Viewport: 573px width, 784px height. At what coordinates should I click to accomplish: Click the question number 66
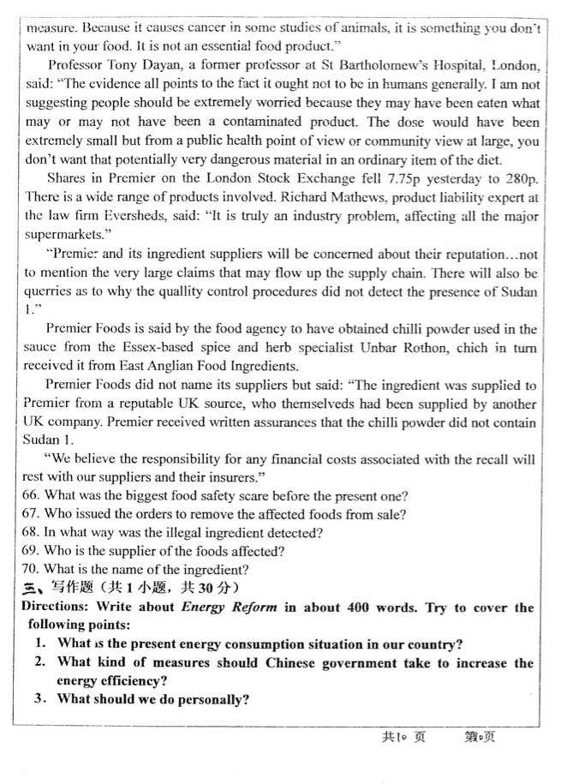coord(33,496)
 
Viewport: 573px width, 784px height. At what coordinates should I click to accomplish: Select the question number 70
coord(33,569)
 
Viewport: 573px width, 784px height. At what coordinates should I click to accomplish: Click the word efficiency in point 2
coord(127,681)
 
